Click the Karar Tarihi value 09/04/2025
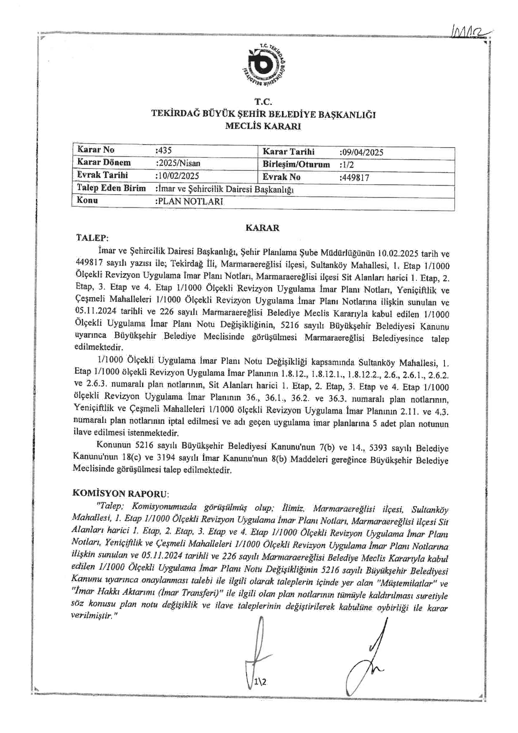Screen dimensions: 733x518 tap(362, 153)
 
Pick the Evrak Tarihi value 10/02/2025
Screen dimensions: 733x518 tap(178, 176)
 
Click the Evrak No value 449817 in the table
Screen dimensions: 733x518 tap(355, 178)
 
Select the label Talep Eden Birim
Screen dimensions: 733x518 tap(112, 188)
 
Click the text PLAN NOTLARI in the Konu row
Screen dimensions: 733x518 tap(190, 201)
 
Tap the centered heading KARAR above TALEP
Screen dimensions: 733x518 tap(262, 228)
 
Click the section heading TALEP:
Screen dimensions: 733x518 tap(92, 238)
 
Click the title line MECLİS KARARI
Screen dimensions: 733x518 tap(263, 126)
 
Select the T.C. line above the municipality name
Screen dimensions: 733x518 tap(264, 101)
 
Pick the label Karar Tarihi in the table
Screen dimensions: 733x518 tap(288, 152)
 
